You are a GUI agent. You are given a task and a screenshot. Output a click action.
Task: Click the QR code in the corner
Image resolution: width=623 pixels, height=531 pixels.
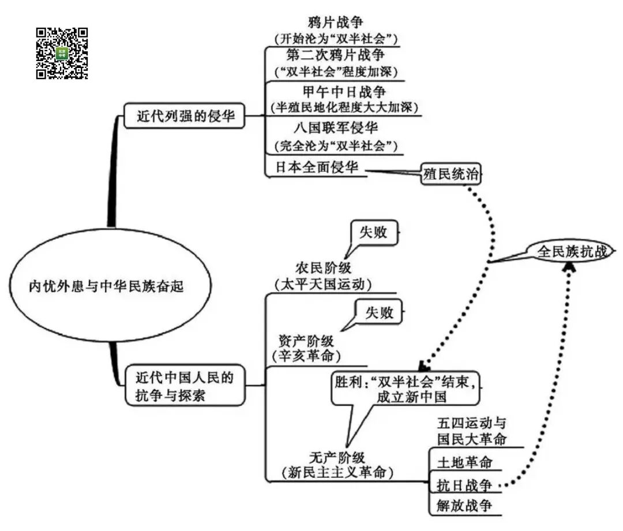[62, 53]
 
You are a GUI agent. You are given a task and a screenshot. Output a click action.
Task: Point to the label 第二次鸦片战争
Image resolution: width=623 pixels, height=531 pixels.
[336, 56]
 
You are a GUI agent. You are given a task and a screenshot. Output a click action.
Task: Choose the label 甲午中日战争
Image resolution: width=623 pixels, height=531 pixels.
[344, 92]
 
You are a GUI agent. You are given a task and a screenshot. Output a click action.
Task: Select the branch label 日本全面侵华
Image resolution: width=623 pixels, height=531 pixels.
[317, 167]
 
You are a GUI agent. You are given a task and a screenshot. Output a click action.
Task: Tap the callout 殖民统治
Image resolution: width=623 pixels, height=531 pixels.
[451, 174]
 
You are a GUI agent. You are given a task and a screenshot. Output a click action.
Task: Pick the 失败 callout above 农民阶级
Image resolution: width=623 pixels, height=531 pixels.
[374, 232]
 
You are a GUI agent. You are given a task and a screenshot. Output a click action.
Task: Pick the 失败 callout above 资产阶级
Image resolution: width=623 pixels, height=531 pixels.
[379, 312]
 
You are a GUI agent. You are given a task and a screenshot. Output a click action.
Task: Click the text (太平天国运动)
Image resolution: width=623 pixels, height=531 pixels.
[322, 284]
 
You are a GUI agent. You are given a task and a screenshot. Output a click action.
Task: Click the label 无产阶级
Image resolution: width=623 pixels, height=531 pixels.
[337, 457]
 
